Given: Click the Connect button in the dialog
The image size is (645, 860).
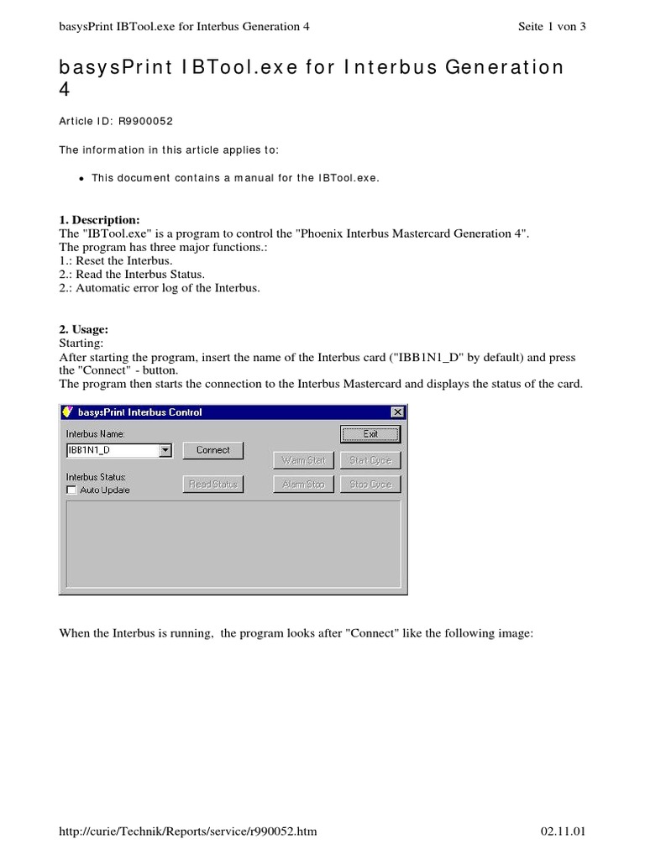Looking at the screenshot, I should (x=212, y=450).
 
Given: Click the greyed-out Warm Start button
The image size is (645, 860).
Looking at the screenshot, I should (x=303, y=460).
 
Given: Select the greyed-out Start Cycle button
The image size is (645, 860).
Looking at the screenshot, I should (x=370, y=460).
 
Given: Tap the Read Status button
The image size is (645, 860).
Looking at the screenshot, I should (x=212, y=485).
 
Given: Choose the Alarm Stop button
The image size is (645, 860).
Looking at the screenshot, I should (x=303, y=485).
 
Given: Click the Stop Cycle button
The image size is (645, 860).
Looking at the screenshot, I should (x=370, y=485).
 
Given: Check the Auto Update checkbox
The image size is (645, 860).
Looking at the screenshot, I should (x=71, y=490).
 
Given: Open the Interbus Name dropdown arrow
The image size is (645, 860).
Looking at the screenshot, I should (x=165, y=451).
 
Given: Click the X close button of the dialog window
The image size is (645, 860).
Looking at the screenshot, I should (x=396, y=412).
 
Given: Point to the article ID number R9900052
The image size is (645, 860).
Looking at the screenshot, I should (x=145, y=121).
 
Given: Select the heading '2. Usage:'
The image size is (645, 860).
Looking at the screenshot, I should (x=84, y=330).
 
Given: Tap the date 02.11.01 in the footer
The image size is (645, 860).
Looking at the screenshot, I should (x=563, y=831).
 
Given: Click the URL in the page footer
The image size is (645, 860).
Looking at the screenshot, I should (x=187, y=831).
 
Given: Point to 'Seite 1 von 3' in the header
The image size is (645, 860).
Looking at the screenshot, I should (x=552, y=26).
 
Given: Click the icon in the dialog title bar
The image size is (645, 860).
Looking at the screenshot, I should (x=68, y=412).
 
